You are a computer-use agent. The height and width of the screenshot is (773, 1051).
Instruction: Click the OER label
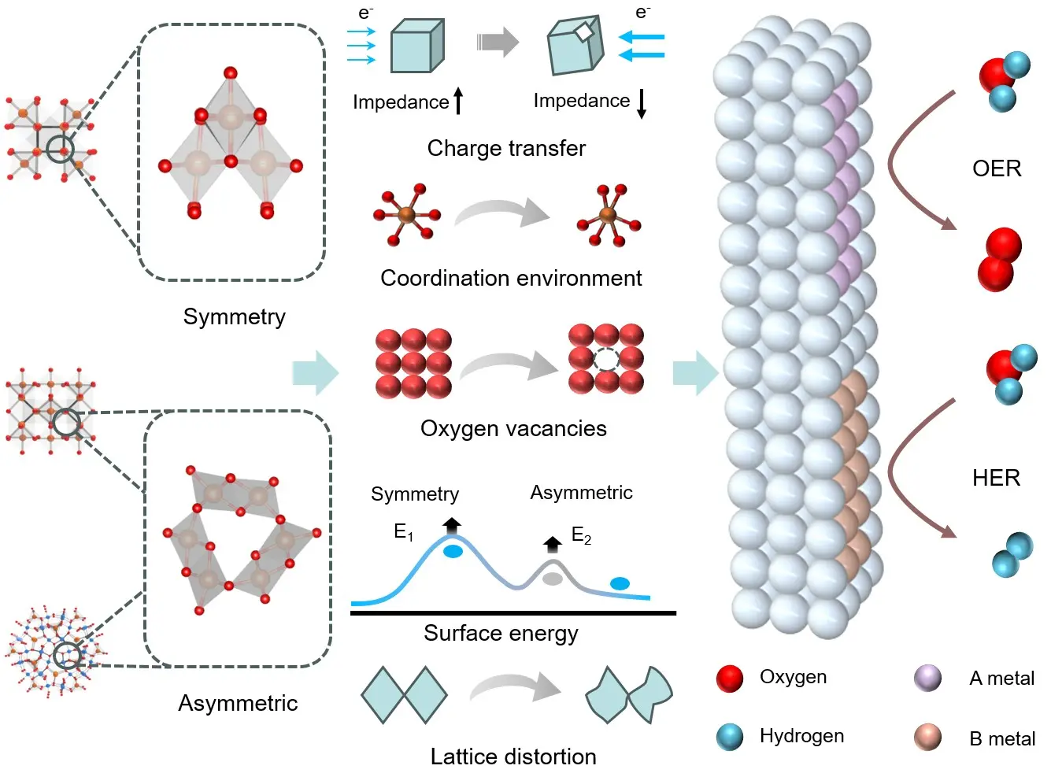coord(997,168)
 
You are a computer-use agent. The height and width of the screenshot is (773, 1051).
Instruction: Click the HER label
coord(996,478)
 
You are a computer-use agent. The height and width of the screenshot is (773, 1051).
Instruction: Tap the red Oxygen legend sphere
coord(730,678)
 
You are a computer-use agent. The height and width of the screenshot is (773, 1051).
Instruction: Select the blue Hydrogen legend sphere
coord(730,737)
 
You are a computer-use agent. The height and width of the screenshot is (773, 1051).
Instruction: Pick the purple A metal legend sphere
coord(927,678)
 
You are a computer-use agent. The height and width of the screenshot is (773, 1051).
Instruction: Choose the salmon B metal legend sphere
coord(927,738)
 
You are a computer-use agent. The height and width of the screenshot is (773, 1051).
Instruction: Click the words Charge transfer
coord(506,148)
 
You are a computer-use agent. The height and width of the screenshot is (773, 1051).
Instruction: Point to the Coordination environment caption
coord(511,278)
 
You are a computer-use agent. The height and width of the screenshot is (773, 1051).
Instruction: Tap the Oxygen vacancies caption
coord(513,428)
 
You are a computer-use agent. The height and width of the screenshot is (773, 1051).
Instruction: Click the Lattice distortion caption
coord(513,756)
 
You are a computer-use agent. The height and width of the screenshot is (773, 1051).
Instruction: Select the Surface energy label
coord(501,633)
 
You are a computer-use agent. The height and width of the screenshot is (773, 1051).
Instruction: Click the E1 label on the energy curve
coord(403,533)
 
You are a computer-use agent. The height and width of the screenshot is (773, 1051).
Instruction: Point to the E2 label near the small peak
coord(581,536)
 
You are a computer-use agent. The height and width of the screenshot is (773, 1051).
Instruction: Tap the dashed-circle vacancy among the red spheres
coord(606,359)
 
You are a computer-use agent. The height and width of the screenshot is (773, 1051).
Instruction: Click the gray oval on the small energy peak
coord(553,579)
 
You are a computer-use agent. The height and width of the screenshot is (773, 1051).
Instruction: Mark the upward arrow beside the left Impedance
coord(458,101)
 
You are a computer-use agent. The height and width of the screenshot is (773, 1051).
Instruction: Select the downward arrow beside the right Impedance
coord(642,103)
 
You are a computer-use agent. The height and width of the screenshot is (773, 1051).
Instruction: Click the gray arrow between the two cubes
coord(498,42)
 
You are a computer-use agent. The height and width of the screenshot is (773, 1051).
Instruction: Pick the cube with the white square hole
coord(575,46)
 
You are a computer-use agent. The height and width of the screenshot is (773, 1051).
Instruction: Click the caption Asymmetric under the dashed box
coord(238,703)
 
